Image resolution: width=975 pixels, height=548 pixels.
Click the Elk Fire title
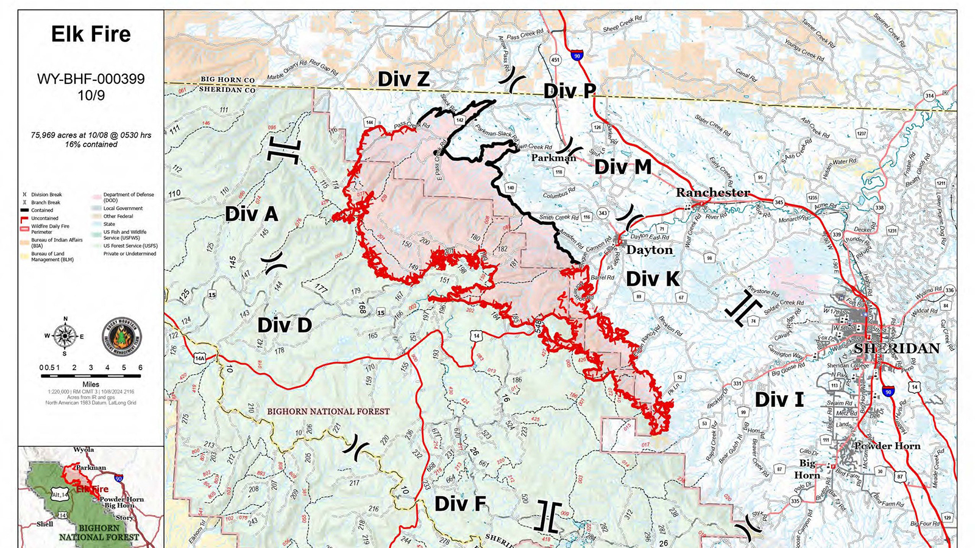pos(91,34)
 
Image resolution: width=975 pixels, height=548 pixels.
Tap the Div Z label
pos(403,79)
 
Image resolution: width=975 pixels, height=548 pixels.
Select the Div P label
pos(569,91)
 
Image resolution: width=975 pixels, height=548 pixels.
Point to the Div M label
pos(623,167)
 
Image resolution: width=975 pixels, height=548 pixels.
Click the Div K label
pos(653,279)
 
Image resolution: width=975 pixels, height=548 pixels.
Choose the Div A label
pos(251,214)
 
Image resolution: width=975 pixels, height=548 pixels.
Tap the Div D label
pos(285,325)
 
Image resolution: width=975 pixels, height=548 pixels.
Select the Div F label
pos(460,504)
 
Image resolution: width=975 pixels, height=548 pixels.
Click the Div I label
pos(779,400)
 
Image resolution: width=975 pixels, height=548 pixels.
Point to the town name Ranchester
pos(713,192)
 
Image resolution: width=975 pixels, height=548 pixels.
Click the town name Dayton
pos(650,250)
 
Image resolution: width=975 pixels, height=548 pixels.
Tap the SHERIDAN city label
pos(896,348)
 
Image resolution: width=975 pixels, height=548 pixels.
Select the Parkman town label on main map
pos(553,158)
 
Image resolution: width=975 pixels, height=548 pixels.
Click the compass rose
pos(65,335)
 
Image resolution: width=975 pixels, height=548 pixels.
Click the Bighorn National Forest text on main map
pos(328,412)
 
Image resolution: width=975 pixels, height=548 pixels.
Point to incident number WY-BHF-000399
pos(91,79)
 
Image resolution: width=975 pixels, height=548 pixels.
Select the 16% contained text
pos(91,144)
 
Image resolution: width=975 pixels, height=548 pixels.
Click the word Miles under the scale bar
pos(91,385)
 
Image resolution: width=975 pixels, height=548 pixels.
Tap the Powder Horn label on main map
pos(887,446)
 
